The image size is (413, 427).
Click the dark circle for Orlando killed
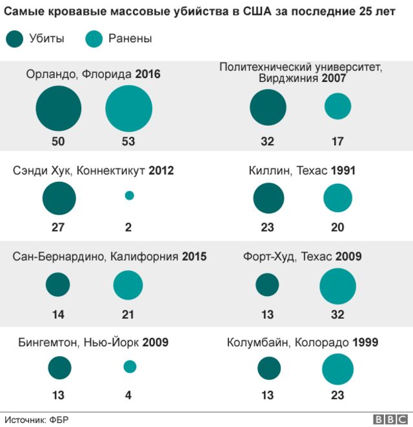[x=59, y=108]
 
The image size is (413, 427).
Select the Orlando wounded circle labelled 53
[x=128, y=108]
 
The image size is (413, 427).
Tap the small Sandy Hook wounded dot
[x=129, y=195]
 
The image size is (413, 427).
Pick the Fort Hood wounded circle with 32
[x=337, y=286]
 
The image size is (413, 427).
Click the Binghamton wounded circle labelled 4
[x=130, y=366]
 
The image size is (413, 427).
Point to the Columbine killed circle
[x=269, y=369]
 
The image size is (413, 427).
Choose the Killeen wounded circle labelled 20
[x=337, y=198]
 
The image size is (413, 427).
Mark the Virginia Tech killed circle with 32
[x=268, y=107]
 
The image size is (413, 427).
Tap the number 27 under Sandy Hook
[x=59, y=227]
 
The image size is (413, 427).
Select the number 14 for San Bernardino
[x=59, y=315]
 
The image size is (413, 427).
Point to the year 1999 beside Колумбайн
[x=365, y=343]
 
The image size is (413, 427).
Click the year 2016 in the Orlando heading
[x=148, y=74]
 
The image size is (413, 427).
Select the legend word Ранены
[x=130, y=39]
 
